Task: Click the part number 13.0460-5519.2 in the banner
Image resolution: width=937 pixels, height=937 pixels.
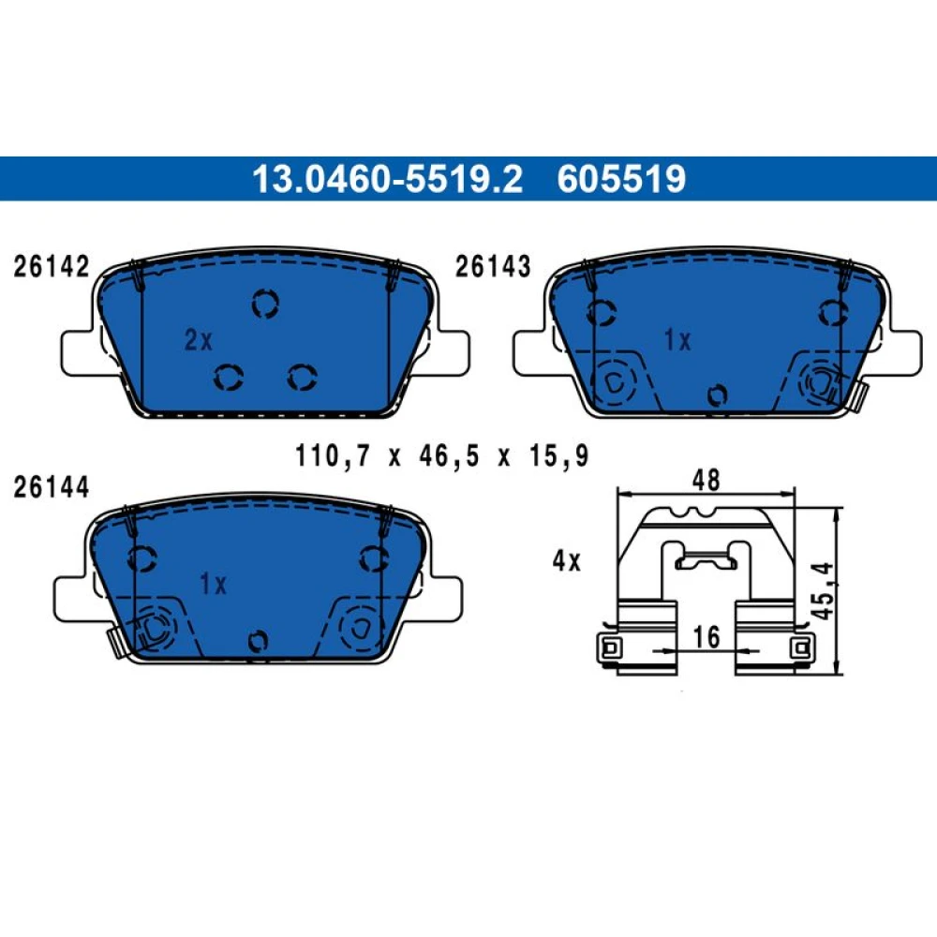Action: [387, 179]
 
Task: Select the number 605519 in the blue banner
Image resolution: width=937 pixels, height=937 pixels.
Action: [621, 179]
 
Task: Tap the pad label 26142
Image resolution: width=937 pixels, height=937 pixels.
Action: [52, 266]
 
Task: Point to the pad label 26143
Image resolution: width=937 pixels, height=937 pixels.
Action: [493, 266]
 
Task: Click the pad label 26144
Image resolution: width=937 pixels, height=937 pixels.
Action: [52, 487]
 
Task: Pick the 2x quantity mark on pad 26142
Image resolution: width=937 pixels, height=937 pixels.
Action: [199, 340]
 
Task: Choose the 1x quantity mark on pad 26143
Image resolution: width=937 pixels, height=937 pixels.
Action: [677, 340]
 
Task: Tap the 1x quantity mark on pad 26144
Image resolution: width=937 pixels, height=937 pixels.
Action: [214, 584]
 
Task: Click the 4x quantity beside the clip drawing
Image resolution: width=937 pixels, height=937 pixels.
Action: [567, 561]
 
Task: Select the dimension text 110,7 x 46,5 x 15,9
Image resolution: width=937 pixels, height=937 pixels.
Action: [442, 456]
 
